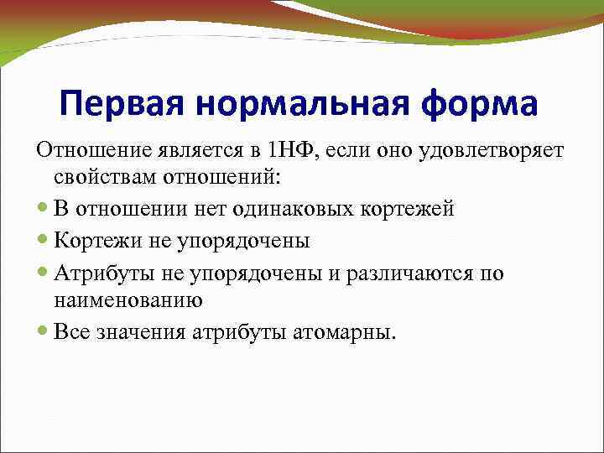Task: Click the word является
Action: (195, 151)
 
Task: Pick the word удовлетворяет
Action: (493, 151)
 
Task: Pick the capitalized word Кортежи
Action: (90, 242)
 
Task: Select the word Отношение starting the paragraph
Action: (88, 151)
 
